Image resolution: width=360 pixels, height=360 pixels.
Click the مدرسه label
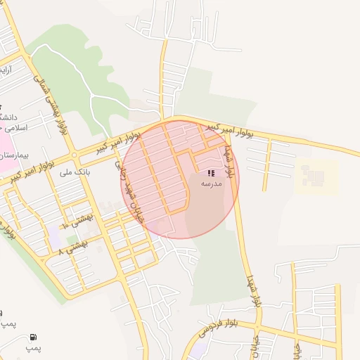tap(211, 183)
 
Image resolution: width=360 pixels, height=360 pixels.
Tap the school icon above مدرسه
tap(211, 173)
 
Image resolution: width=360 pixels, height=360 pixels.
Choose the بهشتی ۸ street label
tap(72, 246)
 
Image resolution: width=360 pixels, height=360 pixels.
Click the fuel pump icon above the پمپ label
tap(34, 337)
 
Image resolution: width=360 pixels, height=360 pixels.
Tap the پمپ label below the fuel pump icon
tap(34, 348)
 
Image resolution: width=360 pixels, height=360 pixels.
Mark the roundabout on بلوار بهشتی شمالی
tap(73, 155)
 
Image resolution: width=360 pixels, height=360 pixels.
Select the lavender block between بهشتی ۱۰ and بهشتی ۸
tap(55, 236)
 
